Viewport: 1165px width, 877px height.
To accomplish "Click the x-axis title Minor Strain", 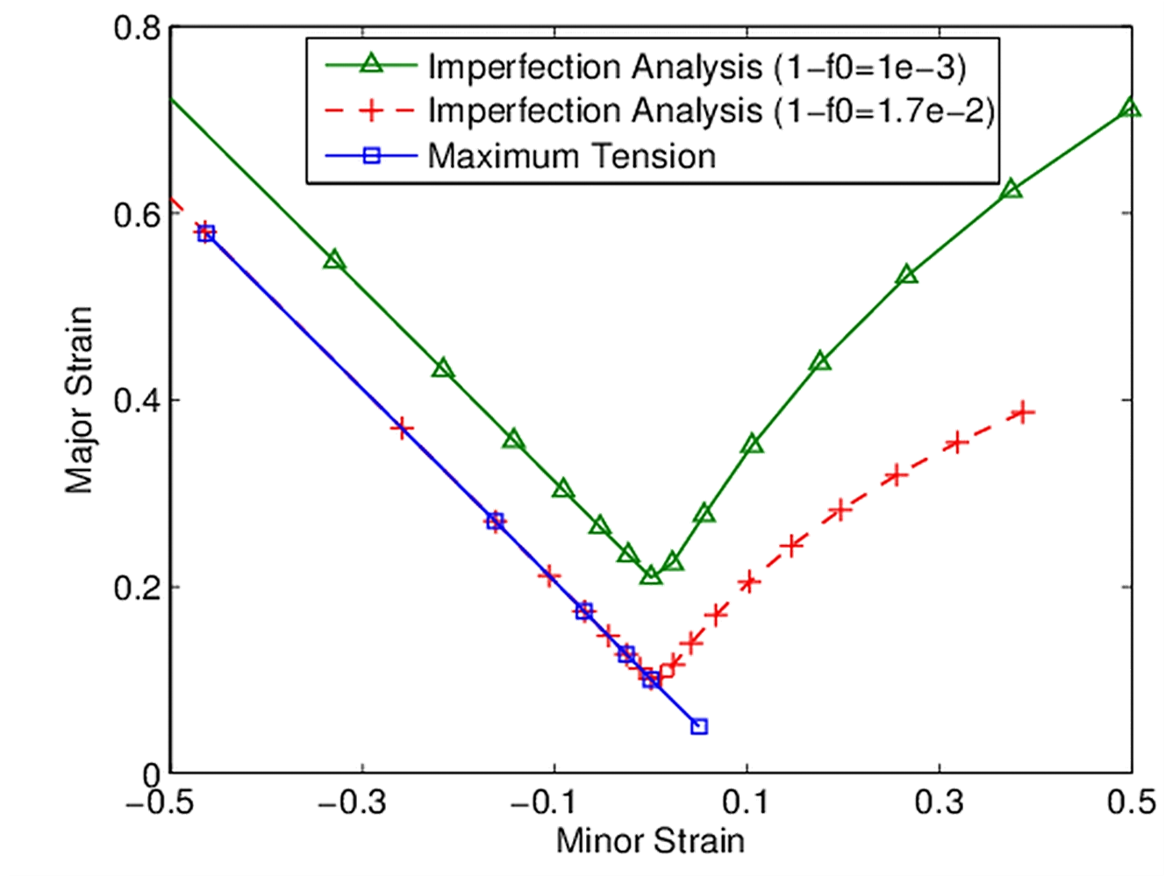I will [650, 841].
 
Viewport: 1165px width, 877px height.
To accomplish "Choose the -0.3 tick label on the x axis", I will [354, 802].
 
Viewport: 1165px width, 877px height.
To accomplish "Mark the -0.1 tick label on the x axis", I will [547, 802].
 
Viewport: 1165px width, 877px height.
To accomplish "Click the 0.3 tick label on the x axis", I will [939, 802].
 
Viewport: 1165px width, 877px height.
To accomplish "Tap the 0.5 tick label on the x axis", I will [1132, 802].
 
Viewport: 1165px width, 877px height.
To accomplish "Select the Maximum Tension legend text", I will [571, 156].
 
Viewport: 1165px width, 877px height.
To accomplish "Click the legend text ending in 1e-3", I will [697, 66].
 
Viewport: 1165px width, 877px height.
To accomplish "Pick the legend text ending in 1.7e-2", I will [711, 111].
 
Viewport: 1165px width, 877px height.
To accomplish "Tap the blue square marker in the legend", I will [371, 156].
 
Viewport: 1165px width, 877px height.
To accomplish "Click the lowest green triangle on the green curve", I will [650, 575].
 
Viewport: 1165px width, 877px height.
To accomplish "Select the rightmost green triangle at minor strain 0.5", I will [1131, 109].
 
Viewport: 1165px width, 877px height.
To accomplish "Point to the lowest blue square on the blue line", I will [699, 726].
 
